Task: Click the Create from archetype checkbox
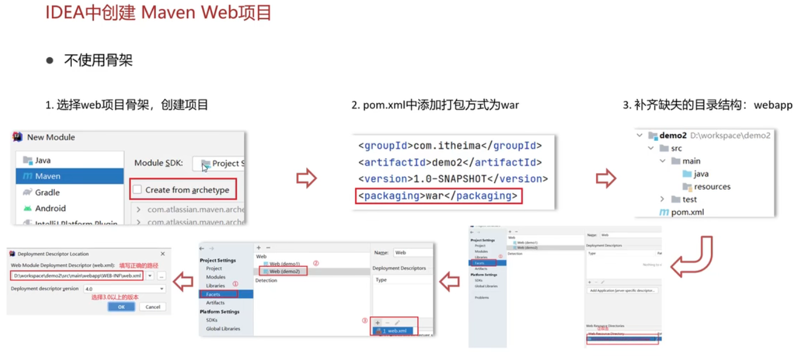point(137,190)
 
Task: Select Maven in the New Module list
point(48,176)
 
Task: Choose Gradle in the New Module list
point(47,192)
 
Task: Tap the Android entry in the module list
point(50,208)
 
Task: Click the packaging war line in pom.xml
point(439,196)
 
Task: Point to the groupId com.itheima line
point(449,146)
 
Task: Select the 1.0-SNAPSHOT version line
point(453,179)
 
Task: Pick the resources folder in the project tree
point(711,187)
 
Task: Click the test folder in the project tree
point(689,199)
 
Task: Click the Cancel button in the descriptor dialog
point(153,307)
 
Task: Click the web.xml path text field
point(77,276)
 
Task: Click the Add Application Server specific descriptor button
point(623,290)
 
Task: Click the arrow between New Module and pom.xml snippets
point(306,178)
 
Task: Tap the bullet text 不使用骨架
point(98,60)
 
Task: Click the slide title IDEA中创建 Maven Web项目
point(158,12)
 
